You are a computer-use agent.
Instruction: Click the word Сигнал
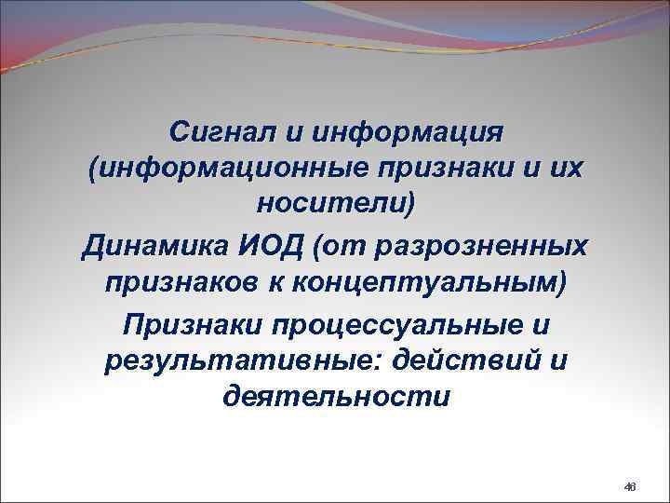[x=221, y=131]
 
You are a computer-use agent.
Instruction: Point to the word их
[x=576, y=170]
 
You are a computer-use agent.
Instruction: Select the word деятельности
[x=336, y=398]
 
